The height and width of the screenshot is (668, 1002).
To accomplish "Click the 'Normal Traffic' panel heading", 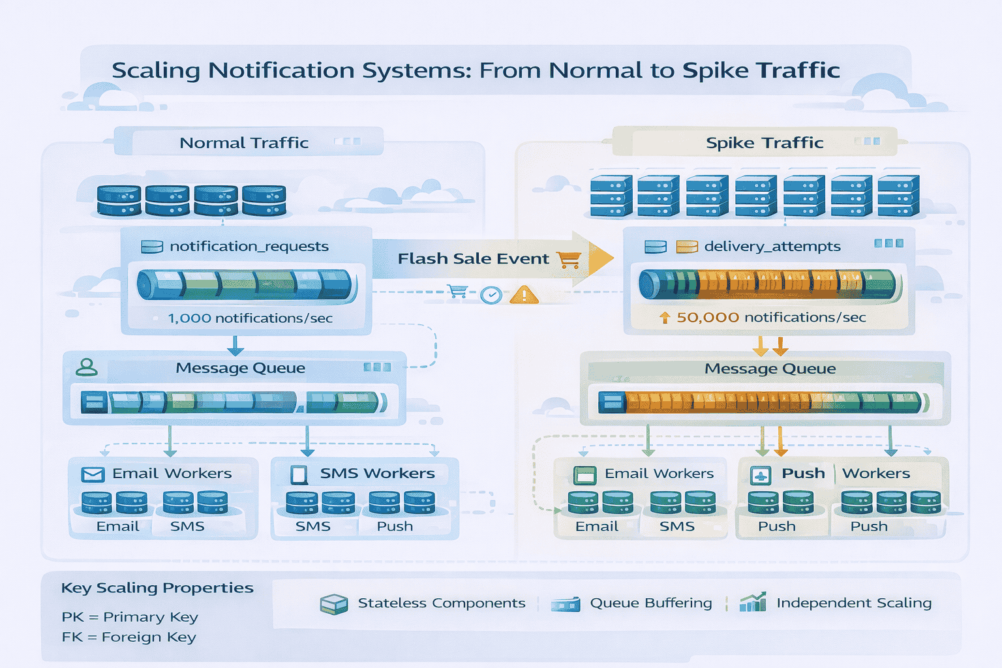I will pos(244,143).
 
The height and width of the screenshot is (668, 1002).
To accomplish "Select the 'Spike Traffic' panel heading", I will pos(765,143).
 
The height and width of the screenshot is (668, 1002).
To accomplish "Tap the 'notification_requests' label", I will pos(249,247).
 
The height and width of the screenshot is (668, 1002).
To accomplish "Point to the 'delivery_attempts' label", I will pos(772,247).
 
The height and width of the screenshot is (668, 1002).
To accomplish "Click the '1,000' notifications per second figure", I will pos(189,318).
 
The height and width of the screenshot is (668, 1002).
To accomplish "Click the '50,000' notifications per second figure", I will pos(708,318).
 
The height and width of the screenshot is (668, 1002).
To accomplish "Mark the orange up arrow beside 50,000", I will pos(665,318).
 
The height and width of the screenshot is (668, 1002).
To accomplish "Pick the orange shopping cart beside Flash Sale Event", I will pos(569,260).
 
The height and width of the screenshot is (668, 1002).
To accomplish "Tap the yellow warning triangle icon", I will pos(524,296).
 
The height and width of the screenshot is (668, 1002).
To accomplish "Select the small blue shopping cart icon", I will pos(458,291).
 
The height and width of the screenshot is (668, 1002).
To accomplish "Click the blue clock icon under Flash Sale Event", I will pos(491,296).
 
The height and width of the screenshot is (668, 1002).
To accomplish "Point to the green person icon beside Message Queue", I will pos(87,368).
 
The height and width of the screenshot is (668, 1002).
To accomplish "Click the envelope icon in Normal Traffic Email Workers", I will pos(93,474).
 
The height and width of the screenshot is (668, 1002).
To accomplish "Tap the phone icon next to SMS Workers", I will pos(299,474).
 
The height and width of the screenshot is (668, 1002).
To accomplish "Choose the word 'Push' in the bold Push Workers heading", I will pos(803,474).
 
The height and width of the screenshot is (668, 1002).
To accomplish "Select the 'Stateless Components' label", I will pos(441,603).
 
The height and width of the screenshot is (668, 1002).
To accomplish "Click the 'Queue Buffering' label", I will pos(650,603).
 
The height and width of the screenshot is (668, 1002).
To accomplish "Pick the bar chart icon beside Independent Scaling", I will pos(753,602).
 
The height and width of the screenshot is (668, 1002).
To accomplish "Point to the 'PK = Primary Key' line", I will pos(130,617).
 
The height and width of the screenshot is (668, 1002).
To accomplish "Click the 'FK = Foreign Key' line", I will pos(129,637).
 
